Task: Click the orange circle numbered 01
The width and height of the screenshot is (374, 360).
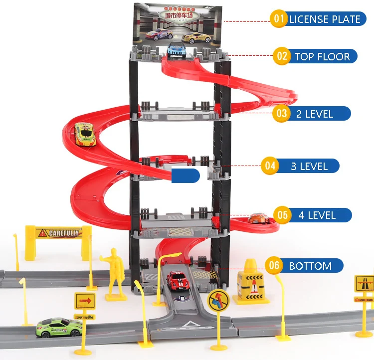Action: pos(279,19)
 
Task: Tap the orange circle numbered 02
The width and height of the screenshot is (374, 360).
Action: pos(282,56)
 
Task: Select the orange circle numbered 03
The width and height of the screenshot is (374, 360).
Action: pos(282,113)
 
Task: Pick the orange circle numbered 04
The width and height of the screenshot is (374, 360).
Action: pos(270,166)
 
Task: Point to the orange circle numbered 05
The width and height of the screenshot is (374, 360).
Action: pos(283,215)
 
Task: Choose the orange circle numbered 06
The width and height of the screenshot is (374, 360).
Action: pos(274,266)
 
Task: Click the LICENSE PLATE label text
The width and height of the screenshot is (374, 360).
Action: pos(325,19)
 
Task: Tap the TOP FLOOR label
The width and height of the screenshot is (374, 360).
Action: pos(322,56)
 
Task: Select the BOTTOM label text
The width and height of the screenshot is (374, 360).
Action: pos(310,266)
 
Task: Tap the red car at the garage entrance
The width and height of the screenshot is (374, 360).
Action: pos(176,281)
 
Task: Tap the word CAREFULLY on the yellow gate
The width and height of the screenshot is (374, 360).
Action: pos(64,232)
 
